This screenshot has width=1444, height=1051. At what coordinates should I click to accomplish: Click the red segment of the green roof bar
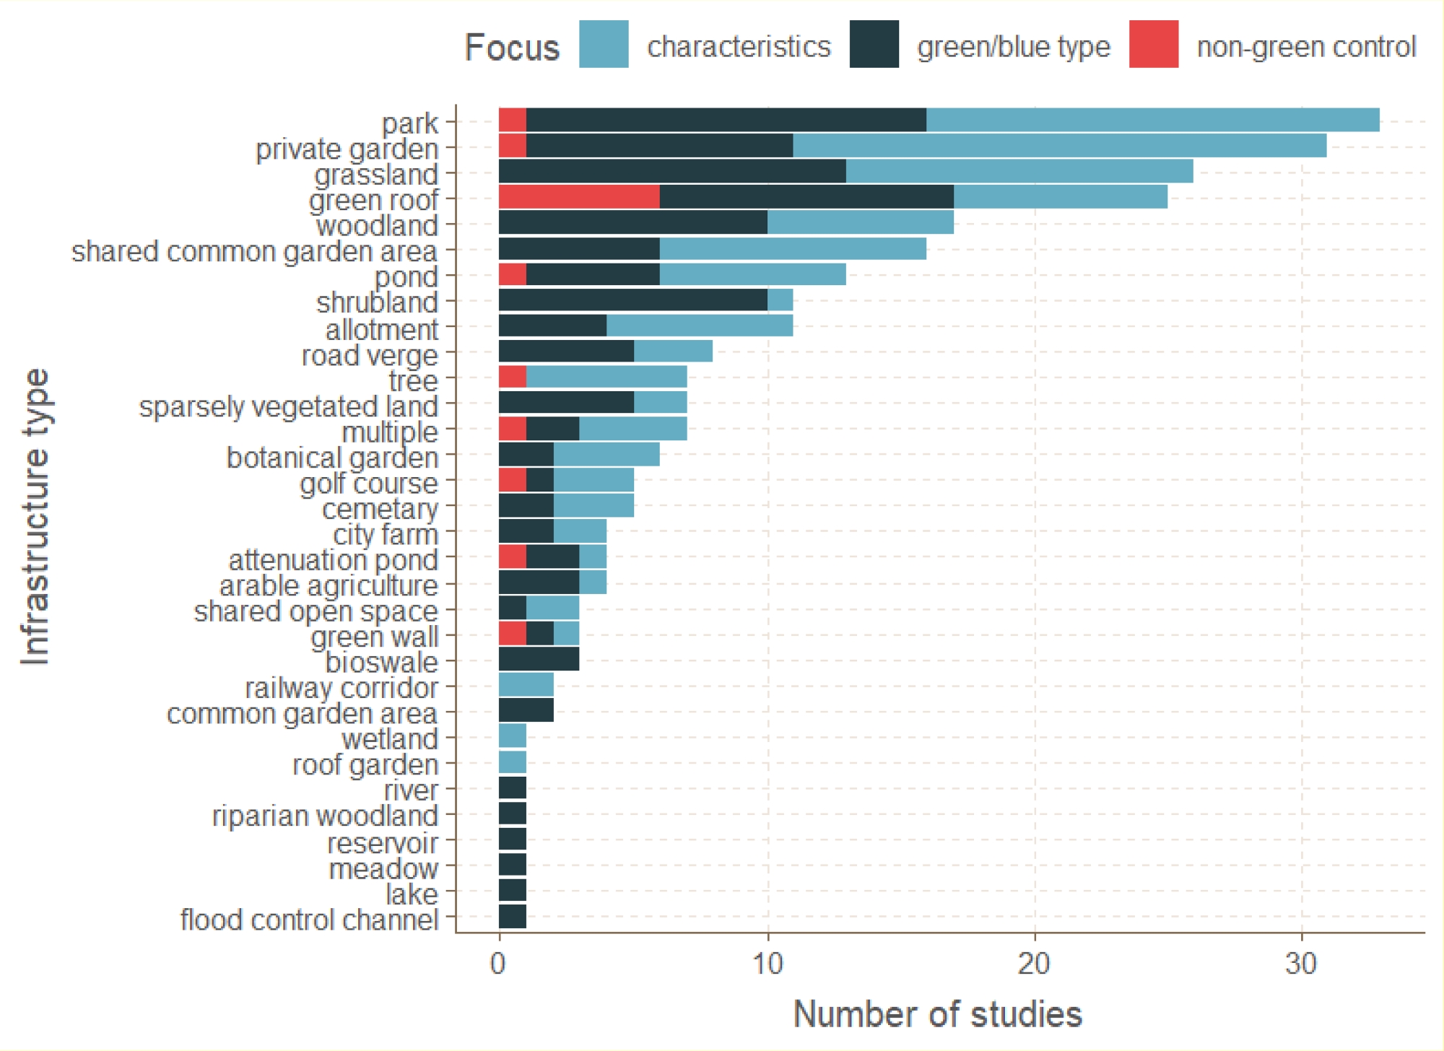[x=579, y=197]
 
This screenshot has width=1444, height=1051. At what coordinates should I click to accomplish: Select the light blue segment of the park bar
[x=1152, y=121]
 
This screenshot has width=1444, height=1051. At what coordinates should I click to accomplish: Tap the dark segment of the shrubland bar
[x=632, y=300]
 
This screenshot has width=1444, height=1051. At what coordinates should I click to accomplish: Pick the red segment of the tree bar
[x=513, y=377]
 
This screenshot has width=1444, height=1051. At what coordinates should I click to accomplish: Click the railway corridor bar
[x=526, y=684]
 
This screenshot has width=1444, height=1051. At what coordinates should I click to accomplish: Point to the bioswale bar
[x=539, y=659]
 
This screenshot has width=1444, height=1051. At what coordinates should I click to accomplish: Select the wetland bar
[x=513, y=736]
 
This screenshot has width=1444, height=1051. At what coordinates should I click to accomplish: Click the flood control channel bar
[x=513, y=916]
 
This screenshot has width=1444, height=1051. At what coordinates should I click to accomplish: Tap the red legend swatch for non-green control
[x=1153, y=45]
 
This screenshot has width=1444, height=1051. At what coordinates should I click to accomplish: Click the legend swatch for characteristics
[x=604, y=45]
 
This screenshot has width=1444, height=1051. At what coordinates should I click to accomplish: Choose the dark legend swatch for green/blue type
[x=874, y=45]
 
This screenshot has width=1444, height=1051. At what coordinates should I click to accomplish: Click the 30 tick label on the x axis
[x=1302, y=964]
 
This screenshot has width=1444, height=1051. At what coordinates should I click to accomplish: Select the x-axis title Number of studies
[x=937, y=1014]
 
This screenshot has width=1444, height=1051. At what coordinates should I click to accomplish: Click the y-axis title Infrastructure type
[x=35, y=517]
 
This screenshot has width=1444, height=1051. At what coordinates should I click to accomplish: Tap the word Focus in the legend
[x=512, y=48]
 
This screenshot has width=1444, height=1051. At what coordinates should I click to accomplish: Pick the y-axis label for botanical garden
[x=332, y=458]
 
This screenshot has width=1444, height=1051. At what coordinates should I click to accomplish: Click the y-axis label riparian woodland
[x=325, y=816]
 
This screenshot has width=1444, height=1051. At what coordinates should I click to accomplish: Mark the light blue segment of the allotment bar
[x=699, y=326]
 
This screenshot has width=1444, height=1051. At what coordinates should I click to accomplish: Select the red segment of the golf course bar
[x=513, y=480]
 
